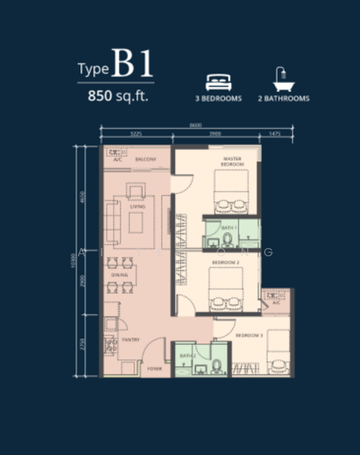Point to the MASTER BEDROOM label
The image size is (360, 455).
point(232,162)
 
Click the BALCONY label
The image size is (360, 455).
point(146,159)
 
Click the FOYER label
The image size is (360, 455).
point(155,369)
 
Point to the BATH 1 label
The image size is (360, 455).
point(230,227)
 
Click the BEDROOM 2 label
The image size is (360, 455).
point(225,262)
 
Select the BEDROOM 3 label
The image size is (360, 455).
point(249,334)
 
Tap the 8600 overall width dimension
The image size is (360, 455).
point(196,125)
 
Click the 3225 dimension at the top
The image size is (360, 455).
point(136,134)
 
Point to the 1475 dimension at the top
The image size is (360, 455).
point(274,134)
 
